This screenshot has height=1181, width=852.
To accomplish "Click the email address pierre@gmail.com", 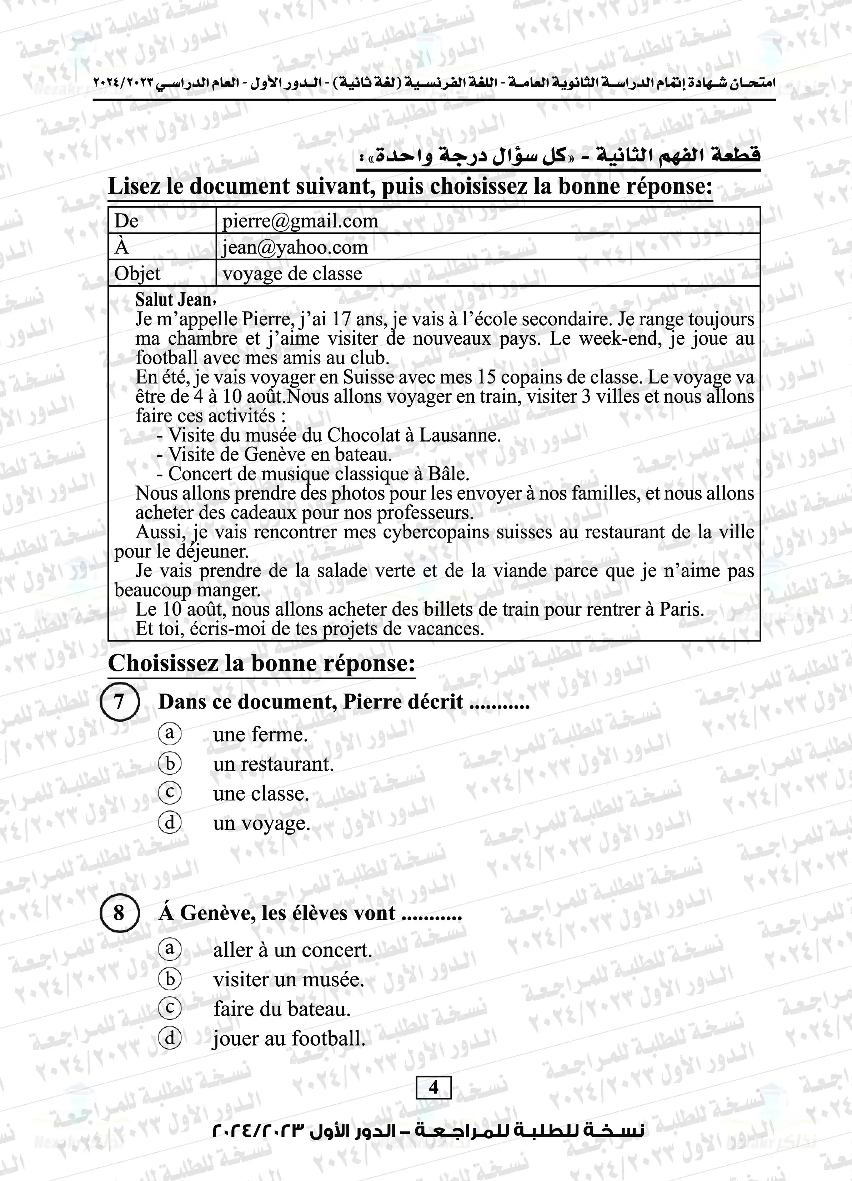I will pos(300,221).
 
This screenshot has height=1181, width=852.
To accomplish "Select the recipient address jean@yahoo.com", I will pos(295,247).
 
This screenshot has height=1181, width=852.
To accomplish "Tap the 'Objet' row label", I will pos(137,274).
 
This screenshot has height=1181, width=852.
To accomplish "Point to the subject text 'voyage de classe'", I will pos(292,274).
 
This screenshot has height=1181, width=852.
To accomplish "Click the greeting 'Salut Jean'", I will pos(174,300).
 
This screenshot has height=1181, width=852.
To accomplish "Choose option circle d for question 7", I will pos(170,823).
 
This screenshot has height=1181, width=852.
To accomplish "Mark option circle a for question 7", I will pos(170,734).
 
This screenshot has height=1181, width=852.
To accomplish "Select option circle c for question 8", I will pos(170,1009).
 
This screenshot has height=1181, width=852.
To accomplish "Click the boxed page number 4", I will pos(433,1087).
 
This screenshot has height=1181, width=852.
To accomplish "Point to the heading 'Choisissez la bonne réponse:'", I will pos(261,664).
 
